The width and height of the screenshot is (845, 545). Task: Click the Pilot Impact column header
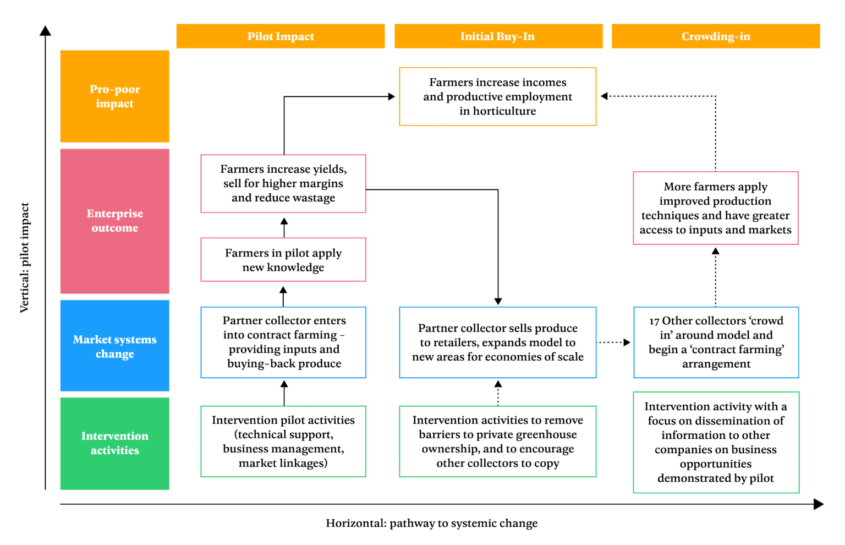(x=281, y=36)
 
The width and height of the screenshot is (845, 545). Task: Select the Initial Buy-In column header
(x=498, y=36)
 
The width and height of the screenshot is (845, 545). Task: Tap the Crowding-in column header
(x=716, y=36)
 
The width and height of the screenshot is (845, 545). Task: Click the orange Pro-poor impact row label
(x=114, y=96)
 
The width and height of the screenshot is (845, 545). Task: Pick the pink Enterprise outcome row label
(x=114, y=221)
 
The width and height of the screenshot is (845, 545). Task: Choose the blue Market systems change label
(x=114, y=346)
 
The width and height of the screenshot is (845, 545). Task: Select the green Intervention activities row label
(x=114, y=443)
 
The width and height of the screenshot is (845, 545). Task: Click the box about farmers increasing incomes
(x=498, y=96)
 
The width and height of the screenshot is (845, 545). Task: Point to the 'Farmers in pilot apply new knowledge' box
(x=283, y=260)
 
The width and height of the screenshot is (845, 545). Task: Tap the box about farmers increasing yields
(x=283, y=183)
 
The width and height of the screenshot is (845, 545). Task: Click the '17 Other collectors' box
(x=716, y=342)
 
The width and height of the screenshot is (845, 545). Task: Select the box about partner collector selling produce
(x=498, y=342)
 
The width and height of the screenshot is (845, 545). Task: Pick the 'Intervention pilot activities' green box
(x=283, y=442)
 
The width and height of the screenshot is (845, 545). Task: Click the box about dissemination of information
(x=716, y=442)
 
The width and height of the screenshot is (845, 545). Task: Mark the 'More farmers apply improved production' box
(x=716, y=208)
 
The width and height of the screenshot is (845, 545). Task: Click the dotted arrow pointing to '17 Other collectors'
(x=614, y=342)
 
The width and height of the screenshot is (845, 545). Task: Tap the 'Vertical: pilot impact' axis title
(x=25, y=258)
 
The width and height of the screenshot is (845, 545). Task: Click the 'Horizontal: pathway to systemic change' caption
(x=431, y=524)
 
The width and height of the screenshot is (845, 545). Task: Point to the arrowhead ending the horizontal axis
(x=819, y=504)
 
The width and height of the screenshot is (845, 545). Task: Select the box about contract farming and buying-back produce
(x=283, y=342)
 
